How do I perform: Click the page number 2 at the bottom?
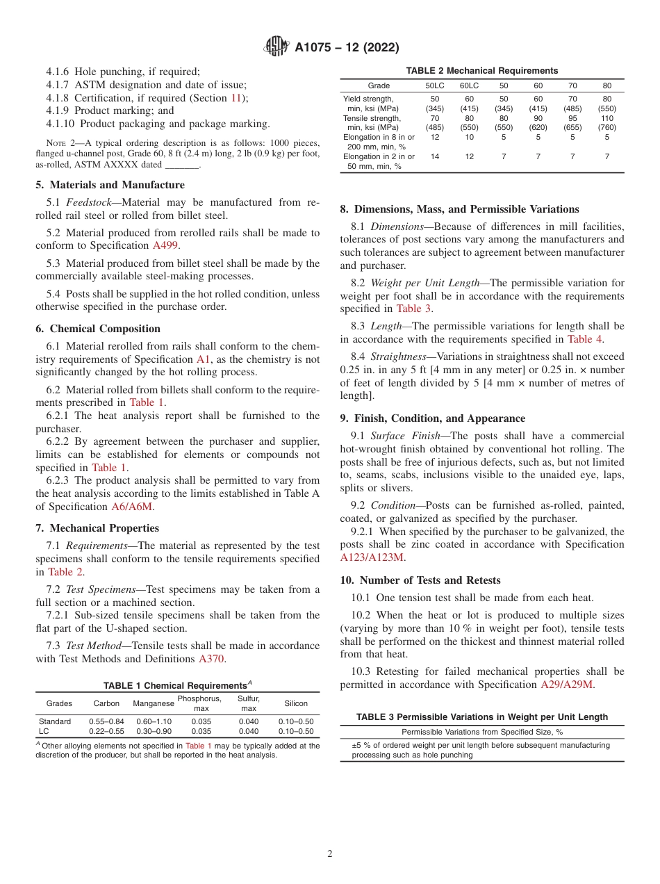coord(330,853)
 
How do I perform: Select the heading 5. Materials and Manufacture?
coord(110,185)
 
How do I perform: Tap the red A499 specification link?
coord(165,245)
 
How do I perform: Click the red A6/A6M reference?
coord(133,507)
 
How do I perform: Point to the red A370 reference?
coord(212,659)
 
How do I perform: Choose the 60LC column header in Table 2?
coord(469,85)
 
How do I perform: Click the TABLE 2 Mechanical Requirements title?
coord(481,71)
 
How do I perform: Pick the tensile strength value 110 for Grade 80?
coord(607,118)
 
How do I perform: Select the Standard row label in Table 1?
coord(55,721)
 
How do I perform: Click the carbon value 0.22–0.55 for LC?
coord(106,731)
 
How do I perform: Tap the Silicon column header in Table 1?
coord(296,703)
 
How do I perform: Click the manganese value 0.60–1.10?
coord(154,721)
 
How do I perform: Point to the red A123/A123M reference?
coord(372,557)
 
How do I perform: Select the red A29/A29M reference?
coord(568,685)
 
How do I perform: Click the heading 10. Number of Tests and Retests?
coord(420,580)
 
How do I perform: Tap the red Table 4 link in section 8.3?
coord(585,339)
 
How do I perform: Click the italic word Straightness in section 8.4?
coord(399,357)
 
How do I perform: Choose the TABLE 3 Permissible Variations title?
coord(481,717)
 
